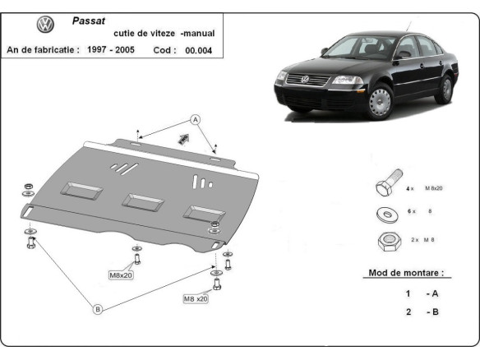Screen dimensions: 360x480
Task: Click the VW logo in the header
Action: click(44, 25)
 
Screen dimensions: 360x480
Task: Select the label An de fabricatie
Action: click(43, 50)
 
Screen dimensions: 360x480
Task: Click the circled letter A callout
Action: click(196, 120)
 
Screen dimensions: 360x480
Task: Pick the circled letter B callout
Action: click(98, 309)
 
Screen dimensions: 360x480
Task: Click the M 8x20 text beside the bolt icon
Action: click(438, 190)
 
